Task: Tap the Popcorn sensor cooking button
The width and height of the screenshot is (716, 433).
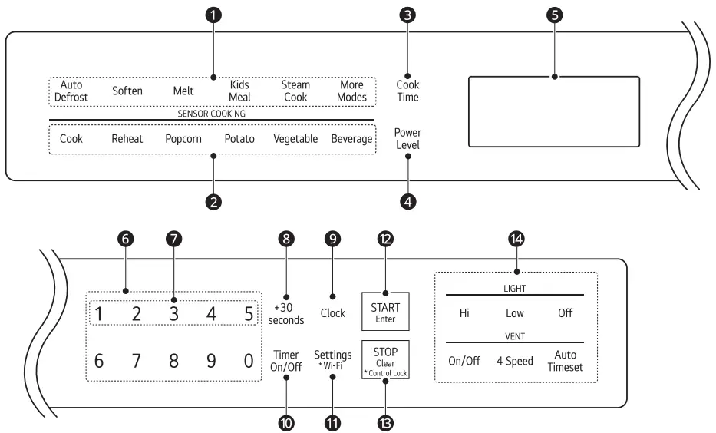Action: click(183, 140)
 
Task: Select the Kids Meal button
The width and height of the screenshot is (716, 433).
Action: click(239, 91)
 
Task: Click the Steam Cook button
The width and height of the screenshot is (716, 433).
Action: click(295, 91)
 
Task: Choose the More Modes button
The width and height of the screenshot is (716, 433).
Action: click(351, 91)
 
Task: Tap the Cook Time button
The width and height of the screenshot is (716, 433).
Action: click(407, 91)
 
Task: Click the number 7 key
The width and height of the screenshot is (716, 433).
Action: click(136, 361)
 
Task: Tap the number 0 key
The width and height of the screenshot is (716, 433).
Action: click(248, 361)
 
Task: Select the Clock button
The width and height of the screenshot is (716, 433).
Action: click(332, 313)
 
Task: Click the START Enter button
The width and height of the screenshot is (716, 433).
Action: click(385, 312)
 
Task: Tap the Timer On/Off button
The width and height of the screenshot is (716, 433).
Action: click(286, 361)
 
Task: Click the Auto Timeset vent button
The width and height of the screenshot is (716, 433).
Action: click(565, 361)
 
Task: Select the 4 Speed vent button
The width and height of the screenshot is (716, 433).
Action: click(514, 361)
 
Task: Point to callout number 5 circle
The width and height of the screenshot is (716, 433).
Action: click(553, 15)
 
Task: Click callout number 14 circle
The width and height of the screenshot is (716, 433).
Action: click(515, 240)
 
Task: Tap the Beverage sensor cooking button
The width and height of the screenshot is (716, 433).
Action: click(351, 140)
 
